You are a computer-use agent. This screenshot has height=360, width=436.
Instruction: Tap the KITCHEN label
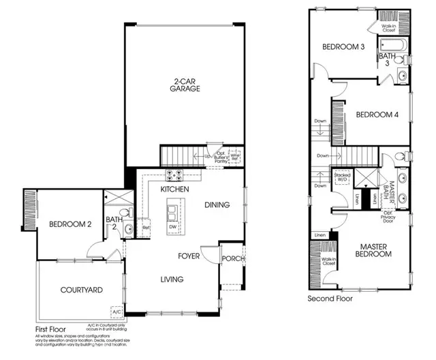(174, 188)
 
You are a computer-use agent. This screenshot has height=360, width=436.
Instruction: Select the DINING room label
(217, 205)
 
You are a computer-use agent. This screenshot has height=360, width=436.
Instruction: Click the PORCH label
(233, 258)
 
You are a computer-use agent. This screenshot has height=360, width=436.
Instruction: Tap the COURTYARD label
(80, 290)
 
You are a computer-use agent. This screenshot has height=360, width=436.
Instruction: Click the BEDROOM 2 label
(70, 224)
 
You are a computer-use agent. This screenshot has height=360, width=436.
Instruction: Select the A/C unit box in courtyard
(116, 312)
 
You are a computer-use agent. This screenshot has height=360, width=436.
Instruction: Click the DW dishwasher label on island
(172, 226)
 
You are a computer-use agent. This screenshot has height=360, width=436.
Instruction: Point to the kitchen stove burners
(168, 173)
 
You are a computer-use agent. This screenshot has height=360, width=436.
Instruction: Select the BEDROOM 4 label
(377, 115)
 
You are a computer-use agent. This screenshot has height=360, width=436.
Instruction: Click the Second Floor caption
(331, 299)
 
